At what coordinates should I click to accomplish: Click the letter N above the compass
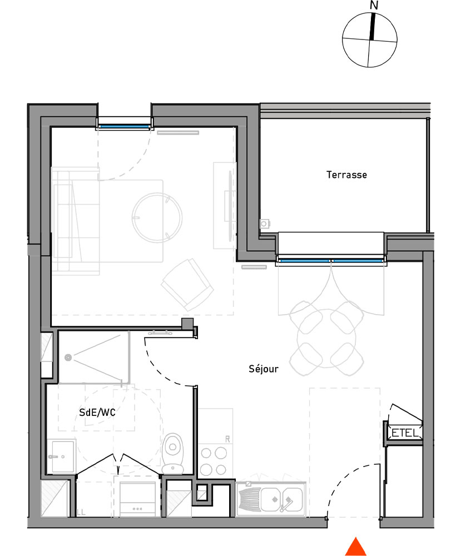[x=374, y=6]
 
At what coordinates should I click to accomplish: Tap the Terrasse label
[x=346, y=175]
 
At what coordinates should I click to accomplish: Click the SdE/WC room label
[x=97, y=413]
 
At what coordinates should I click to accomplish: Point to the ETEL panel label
[x=404, y=433]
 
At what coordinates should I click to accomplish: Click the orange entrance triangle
[x=355, y=547]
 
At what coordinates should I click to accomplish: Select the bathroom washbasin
[x=61, y=456]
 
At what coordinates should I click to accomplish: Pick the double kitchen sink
[x=271, y=498]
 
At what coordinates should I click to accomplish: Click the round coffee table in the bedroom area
[x=157, y=216]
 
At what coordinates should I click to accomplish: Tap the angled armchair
[x=187, y=284]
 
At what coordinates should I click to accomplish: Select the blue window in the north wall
[x=123, y=127]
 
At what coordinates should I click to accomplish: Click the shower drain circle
[x=68, y=358]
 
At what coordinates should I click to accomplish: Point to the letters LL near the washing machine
[x=81, y=512]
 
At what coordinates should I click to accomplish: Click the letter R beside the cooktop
[x=227, y=439]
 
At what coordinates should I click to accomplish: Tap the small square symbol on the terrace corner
[x=265, y=224]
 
